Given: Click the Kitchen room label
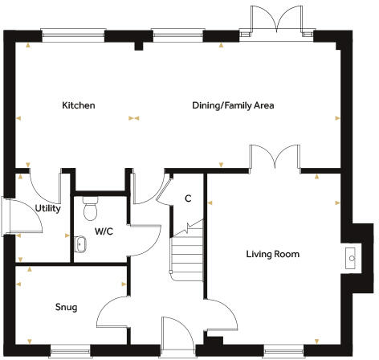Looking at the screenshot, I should tap(79, 105).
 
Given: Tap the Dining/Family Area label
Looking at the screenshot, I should tap(233, 105).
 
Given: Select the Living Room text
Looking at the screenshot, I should tap(272, 255).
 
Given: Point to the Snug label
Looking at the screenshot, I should tap(66, 307).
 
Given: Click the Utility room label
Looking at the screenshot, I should tap(47, 208).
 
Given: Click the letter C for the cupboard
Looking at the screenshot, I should tap(188, 198).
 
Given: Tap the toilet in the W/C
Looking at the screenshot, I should tap(90, 209).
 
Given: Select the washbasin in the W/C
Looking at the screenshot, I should tap(81, 243).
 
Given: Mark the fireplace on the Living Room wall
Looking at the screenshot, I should tap(351, 257).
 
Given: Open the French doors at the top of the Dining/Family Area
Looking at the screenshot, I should tap(275, 19).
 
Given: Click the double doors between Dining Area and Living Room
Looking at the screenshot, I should tap(275, 157).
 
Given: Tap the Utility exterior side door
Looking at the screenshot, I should tap(7, 218).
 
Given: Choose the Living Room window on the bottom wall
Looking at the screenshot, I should tap(284, 350).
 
